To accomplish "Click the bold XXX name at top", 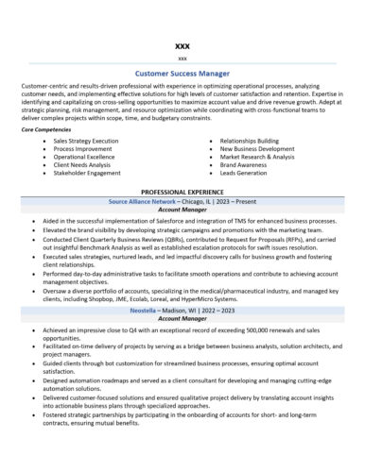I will [182, 45].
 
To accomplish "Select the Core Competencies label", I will [46, 128].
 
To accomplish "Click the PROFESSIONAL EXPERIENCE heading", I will [182, 192].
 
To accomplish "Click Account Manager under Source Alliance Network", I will [182, 210].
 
